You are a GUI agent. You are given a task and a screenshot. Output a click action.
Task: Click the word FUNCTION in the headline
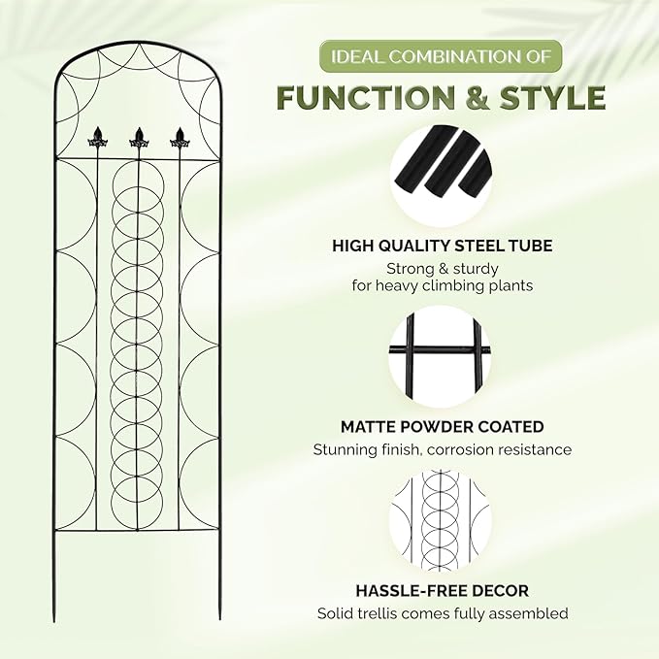pyautogui.click(x=366, y=98)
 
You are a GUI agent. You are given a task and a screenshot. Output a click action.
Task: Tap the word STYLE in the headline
pyautogui.click(x=552, y=98)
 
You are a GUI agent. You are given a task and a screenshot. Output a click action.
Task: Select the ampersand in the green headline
pyautogui.click(x=477, y=98)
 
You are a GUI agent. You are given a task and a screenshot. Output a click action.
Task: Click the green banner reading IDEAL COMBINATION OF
pyautogui.click(x=441, y=56)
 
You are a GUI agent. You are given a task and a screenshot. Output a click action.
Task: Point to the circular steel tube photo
pyautogui.click(x=441, y=176)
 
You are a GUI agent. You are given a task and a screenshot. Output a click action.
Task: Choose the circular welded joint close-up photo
pyautogui.click(x=441, y=356)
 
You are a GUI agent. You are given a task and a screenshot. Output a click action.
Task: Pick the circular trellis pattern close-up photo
pyautogui.click(x=441, y=520)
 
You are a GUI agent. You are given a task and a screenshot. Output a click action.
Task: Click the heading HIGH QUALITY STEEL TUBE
pyautogui.click(x=443, y=246)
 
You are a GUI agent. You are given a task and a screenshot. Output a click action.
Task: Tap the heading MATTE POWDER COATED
pyautogui.click(x=443, y=427)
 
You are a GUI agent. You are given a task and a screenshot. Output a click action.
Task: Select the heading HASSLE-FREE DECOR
pyautogui.click(x=443, y=590)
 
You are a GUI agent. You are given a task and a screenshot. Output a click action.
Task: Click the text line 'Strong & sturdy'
pyautogui.click(x=443, y=269)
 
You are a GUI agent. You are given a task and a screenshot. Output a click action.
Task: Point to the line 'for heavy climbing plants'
pyautogui.click(x=443, y=285)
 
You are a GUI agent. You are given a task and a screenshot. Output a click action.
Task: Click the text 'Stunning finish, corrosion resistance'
pyautogui.click(x=443, y=449)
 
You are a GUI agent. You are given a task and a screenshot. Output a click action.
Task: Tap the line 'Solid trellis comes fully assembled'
pyautogui.click(x=443, y=613)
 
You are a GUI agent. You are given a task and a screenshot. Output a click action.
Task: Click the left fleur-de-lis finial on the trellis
pyautogui.click(x=98, y=138)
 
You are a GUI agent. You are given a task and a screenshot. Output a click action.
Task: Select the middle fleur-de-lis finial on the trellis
pyautogui.click(x=139, y=138)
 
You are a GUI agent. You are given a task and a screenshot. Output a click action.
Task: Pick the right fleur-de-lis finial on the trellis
pyautogui.click(x=180, y=138)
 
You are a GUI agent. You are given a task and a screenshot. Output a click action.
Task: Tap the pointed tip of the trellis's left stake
pyautogui.click(x=54, y=621)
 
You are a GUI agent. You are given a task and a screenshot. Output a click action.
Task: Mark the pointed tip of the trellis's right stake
pyautogui.click(x=219, y=619)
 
